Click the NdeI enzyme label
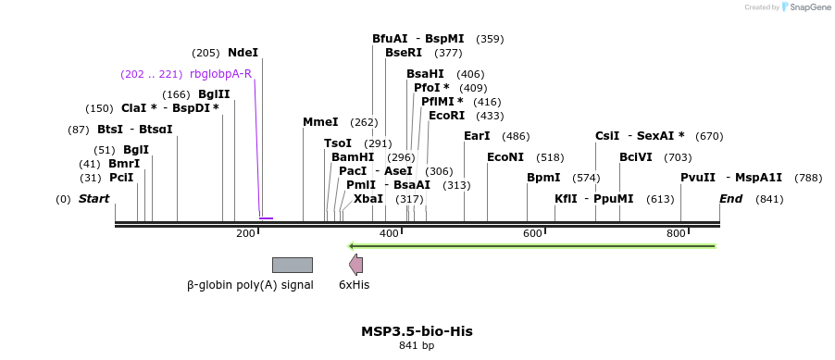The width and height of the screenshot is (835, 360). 243,53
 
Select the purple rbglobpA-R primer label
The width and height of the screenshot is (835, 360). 220,74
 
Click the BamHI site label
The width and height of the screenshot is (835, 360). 353,157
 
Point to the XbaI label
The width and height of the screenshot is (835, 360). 368,199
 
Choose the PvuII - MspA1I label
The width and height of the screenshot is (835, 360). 731,178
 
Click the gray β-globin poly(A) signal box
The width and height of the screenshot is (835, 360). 292,265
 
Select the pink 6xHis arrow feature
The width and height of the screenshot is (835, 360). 355,265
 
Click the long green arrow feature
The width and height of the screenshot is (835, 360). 531,246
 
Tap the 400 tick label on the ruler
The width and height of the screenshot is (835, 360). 389,234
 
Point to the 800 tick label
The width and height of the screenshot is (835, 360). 676,234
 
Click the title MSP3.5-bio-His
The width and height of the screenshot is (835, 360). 417,331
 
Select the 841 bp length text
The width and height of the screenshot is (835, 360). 417,346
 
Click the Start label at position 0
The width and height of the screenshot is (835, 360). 93,199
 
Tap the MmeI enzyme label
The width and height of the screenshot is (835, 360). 320,122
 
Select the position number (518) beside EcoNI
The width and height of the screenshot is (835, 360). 550,157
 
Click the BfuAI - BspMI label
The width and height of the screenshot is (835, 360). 417,39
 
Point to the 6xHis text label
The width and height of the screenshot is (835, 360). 354,285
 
